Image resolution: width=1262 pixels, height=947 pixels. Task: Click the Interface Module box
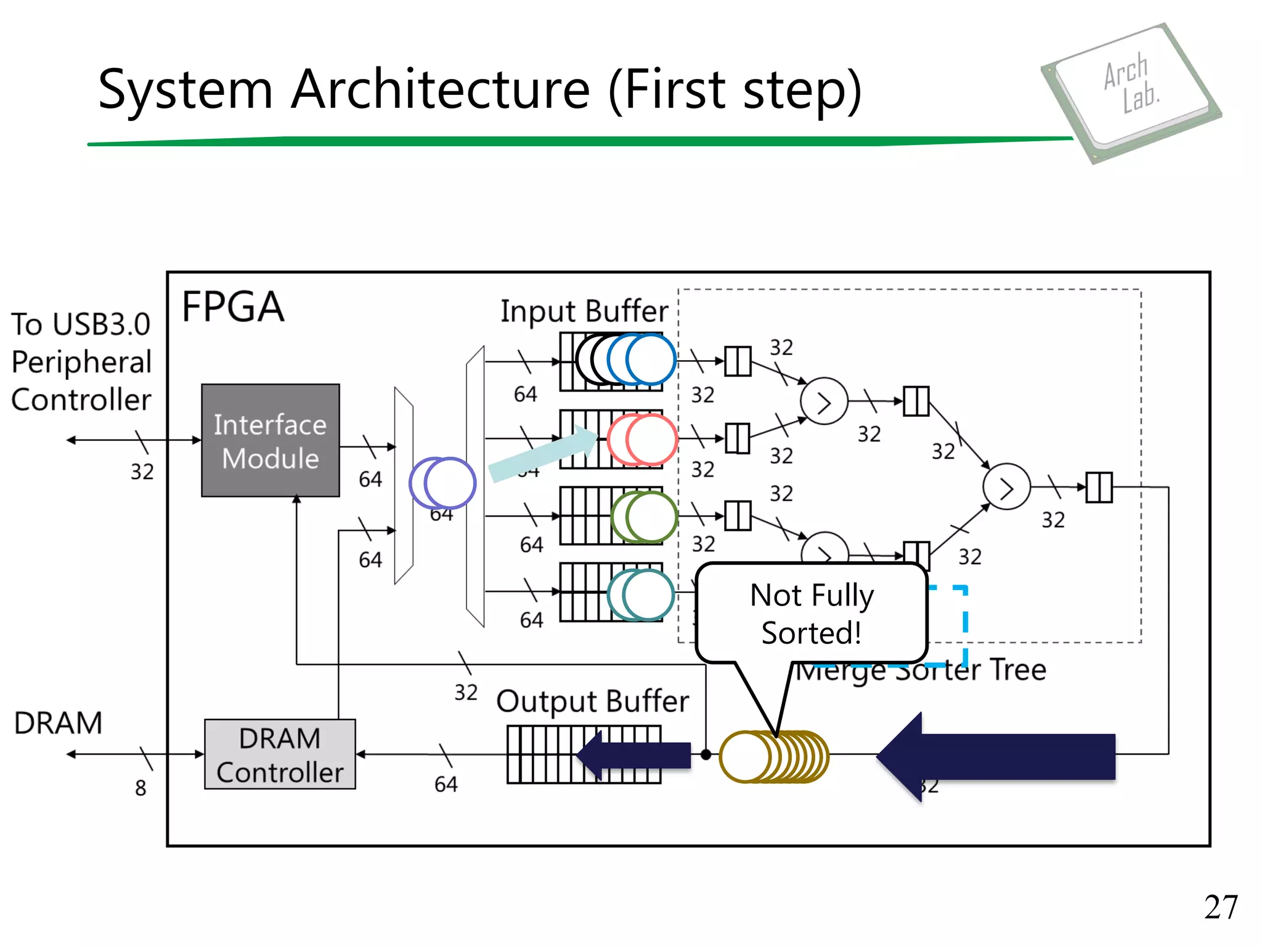point(270,440)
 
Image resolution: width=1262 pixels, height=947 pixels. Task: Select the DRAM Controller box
point(280,754)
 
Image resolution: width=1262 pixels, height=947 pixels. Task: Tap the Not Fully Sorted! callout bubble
point(811,613)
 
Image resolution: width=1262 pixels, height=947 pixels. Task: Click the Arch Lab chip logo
point(1131,92)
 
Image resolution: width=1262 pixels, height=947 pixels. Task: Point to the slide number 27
point(1220,907)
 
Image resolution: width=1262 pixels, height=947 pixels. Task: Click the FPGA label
point(233,307)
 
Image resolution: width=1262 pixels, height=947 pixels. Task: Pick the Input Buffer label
point(584,311)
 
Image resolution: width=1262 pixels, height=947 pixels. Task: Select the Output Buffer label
point(592,701)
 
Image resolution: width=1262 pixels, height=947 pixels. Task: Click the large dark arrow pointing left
point(995,756)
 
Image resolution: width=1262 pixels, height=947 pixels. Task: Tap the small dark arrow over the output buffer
point(635,755)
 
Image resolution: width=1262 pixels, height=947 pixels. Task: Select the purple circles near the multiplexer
point(442,483)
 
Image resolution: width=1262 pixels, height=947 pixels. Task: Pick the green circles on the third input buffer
point(644,517)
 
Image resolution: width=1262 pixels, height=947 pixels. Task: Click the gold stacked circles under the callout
point(773,756)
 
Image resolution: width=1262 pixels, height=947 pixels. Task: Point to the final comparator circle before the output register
point(1006,487)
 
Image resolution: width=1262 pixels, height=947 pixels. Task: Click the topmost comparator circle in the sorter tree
point(824,401)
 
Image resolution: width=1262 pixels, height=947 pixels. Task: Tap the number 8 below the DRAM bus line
point(140,788)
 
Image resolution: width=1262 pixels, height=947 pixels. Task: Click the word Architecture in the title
point(441,89)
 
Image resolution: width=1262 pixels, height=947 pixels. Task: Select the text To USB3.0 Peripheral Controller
point(81,362)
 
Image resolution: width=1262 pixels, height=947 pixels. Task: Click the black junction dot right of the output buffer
point(706,754)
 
